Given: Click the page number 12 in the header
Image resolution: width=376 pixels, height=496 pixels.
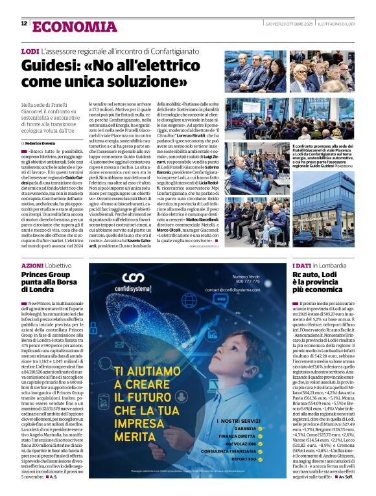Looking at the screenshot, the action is (x=24, y=23).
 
